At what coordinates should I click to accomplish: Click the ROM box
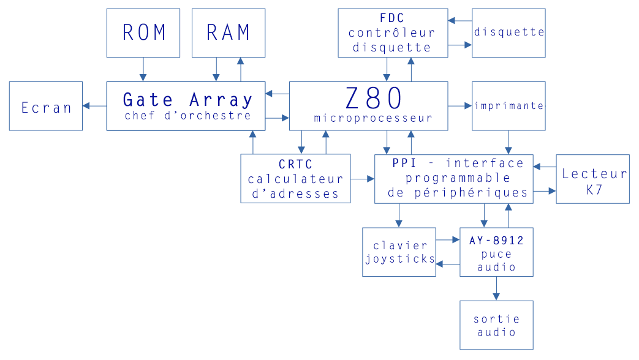pos(143,33)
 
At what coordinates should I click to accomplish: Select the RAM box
pos(228,33)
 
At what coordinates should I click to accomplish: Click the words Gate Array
pos(187,99)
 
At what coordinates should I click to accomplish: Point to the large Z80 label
pos(373,98)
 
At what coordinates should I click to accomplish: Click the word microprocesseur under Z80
pos(373,118)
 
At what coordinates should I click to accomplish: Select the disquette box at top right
pos(509,33)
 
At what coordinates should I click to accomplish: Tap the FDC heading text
pos(392,18)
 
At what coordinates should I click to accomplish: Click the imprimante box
pos(509,106)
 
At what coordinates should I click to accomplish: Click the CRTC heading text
pos(295,165)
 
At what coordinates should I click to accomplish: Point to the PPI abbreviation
pos(404,163)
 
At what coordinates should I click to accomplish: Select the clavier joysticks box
pos(399,252)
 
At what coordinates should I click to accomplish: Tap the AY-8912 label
pos(496,241)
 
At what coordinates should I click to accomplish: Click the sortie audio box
pos(496,325)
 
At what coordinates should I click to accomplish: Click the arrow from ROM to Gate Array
pos(143,69)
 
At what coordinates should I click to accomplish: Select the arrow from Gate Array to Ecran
pos(94,106)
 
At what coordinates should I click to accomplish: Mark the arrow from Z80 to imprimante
pos(459,106)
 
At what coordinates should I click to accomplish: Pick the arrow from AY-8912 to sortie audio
pos(496,288)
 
